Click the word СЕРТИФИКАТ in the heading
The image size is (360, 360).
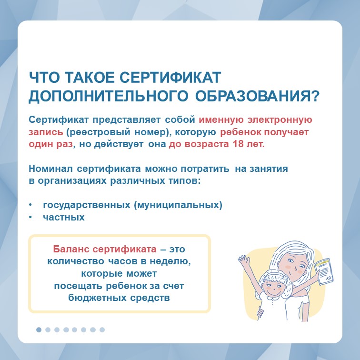[170, 77]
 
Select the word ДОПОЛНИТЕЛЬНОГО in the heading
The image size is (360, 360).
[109, 96]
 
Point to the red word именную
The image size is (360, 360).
[221, 120]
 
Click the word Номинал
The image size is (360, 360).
[51, 169]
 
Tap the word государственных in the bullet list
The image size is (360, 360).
[87, 205]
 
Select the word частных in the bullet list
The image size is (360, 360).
[64, 217]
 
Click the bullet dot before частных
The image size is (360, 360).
[30, 217]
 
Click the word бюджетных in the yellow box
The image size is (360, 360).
[97, 298]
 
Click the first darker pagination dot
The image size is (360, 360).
[39, 330]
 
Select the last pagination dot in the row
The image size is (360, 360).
[102, 330]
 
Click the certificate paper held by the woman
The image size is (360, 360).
[324, 271]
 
